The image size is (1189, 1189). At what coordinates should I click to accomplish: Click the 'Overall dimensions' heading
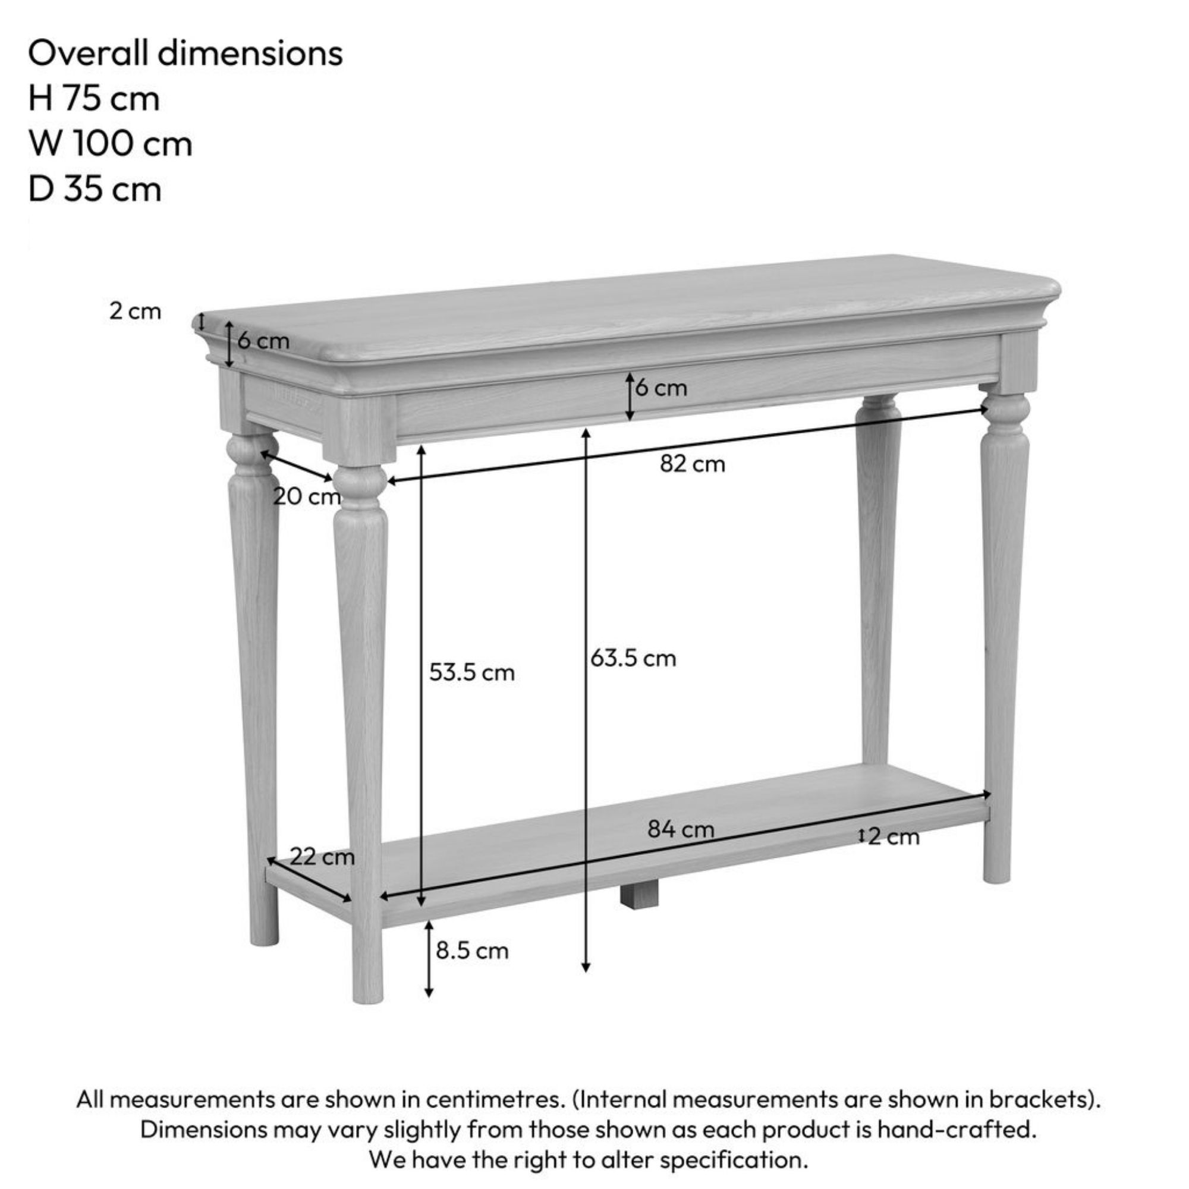coord(185,53)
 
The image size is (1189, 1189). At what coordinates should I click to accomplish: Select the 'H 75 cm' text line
coord(93,99)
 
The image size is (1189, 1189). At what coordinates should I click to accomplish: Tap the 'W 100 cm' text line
coord(110,143)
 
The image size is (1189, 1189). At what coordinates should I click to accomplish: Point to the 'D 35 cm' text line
coord(95,189)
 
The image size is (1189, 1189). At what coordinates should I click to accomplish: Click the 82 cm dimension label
coord(693,464)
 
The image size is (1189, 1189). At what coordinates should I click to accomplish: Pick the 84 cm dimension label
coord(680,829)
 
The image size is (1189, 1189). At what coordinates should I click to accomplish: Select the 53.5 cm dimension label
coord(471,672)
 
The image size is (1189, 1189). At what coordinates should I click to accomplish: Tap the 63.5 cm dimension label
coord(633,658)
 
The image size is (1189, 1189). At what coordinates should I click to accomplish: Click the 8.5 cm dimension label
coord(472,951)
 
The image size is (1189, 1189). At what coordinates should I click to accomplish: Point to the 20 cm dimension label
coord(307,496)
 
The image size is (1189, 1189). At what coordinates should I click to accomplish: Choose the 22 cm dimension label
coord(322,857)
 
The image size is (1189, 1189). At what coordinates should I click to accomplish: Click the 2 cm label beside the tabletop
coord(136,311)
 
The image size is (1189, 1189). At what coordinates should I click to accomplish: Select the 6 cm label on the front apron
coord(661,388)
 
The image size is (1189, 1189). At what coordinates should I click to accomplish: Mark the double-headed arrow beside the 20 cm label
coord(297,466)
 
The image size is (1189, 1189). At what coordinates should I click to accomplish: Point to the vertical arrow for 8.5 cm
coord(429,958)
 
